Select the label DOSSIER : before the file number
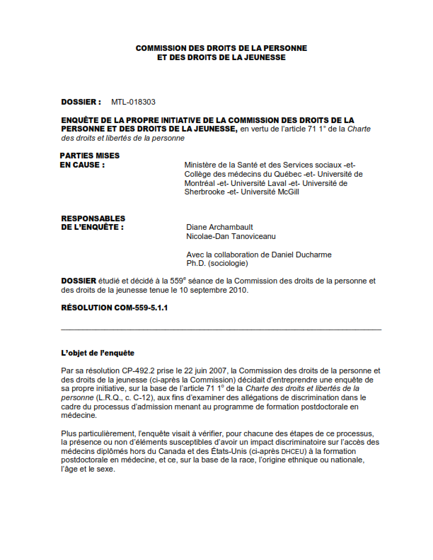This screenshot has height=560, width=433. click(81, 102)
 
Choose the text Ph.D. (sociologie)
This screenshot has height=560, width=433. click(216, 264)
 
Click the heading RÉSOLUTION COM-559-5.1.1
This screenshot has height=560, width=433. click(115, 308)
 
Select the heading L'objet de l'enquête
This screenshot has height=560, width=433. click(98, 353)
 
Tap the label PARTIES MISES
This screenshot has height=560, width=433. click(90, 156)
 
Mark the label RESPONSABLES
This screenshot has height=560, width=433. click(93, 218)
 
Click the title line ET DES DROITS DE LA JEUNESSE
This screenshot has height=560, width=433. click(221, 57)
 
